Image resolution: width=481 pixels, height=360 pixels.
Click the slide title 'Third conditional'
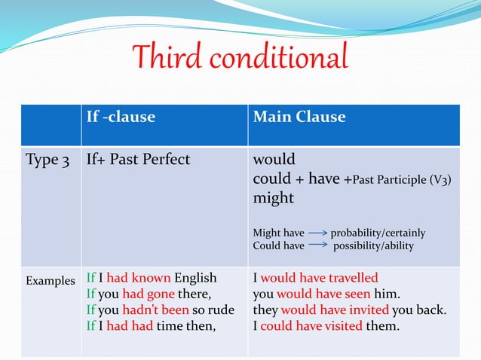(240, 58)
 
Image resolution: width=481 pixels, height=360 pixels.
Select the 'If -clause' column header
(121, 117)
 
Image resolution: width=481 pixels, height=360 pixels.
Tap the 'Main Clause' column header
(299, 117)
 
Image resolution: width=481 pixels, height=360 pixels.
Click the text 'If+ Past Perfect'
(138, 160)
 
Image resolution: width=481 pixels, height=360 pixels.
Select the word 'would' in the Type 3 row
(274, 160)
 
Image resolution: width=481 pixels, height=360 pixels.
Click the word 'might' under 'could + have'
(273, 198)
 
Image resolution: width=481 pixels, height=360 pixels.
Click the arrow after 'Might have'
(317, 233)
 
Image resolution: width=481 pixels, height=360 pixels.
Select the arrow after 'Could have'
(317, 246)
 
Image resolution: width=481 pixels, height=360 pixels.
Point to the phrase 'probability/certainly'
(378, 233)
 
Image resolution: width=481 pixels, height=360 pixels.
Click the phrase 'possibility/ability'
(373, 246)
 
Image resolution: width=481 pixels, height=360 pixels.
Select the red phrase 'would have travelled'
(319, 277)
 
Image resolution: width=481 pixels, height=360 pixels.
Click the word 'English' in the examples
(195, 277)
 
